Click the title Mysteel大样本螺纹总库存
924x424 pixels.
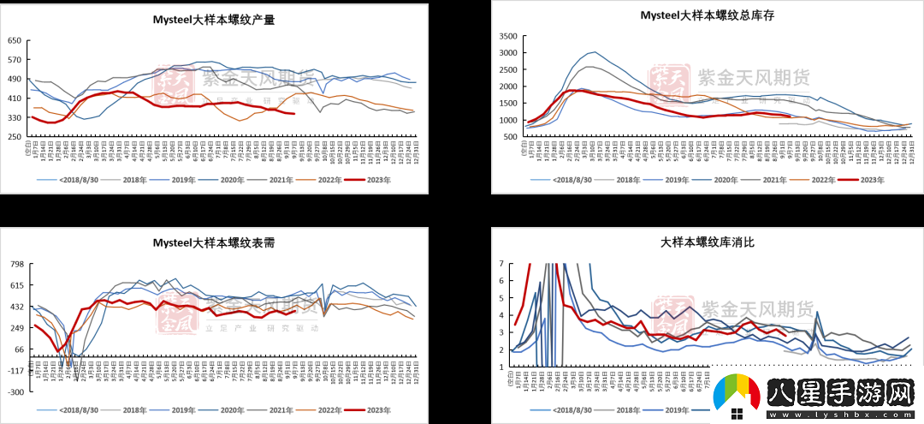click(708, 15)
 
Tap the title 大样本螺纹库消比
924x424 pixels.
click(708, 242)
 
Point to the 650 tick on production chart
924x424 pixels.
click(15, 41)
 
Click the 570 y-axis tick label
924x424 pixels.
click(15, 60)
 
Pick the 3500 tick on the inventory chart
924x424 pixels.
click(507, 36)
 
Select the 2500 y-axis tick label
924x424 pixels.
click(507, 70)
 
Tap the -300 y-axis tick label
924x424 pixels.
click(15, 391)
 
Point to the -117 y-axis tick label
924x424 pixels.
click(15, 370)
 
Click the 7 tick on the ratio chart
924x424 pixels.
click(504, 264)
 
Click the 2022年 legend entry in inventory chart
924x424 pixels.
click(826, 179)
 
